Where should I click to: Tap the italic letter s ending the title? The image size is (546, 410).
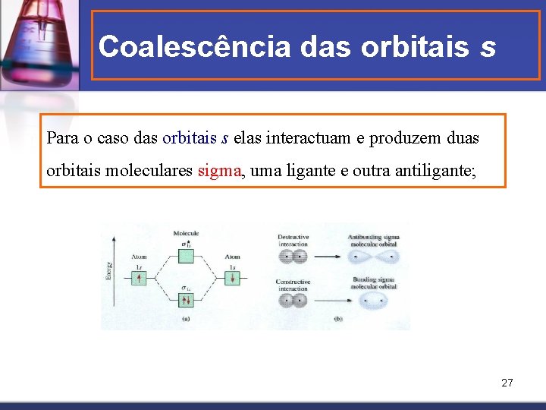[488, 47]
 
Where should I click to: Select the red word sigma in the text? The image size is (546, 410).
[220, 171]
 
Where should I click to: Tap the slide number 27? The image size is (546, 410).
[507, 383]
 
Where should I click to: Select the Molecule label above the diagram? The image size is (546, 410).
[186, 233]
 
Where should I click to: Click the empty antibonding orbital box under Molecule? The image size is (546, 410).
[186, 245]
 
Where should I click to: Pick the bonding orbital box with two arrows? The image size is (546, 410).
[186, 300]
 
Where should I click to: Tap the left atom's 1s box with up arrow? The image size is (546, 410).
[139, 279]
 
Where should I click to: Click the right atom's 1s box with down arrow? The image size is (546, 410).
[234, 279]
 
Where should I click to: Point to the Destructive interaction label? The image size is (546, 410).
[293, 241]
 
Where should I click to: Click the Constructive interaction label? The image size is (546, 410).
[293, 285]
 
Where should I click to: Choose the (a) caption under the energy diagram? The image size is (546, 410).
[186, 319]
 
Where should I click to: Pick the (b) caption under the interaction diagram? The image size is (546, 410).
[337, 319]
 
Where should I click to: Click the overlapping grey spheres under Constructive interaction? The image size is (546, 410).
[293, 301]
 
